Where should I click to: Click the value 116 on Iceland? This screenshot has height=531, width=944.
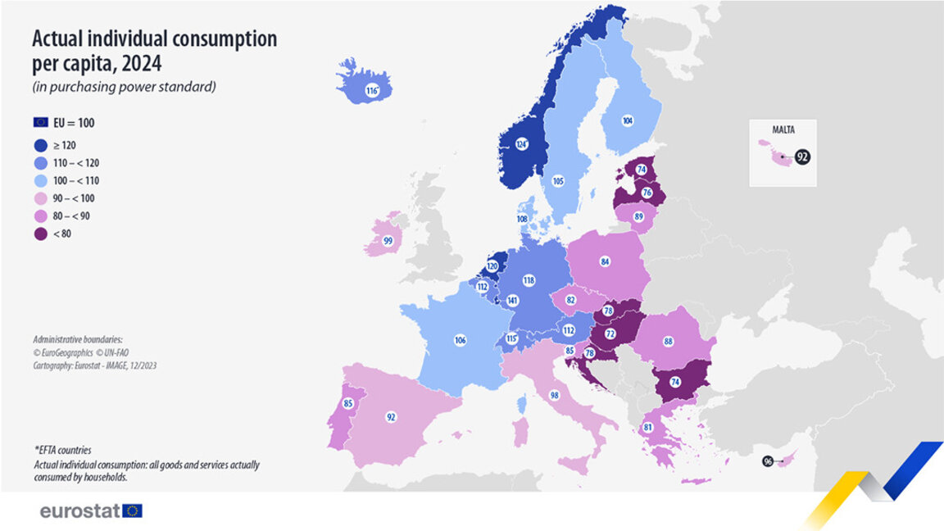tap(372, 91)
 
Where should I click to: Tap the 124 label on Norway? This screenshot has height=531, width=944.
tap(520, 144)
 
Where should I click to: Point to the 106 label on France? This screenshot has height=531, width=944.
tap(460, 339)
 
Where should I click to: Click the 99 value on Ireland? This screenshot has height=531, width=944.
tap(388, 242)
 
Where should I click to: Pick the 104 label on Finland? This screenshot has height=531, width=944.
tap(628, 120)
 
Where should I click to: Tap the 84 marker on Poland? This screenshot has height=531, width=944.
tap(605, 262)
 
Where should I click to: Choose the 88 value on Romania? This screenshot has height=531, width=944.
tap(669, 341)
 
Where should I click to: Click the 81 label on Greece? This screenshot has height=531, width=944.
tap(647, 427)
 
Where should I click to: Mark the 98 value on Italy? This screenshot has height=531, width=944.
tap(555, 396)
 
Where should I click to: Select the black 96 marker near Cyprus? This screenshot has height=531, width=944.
tap(768, 461)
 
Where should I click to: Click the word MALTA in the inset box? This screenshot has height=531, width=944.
tap(783, 129)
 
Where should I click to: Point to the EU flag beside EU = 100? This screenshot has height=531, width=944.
tap(41, 122)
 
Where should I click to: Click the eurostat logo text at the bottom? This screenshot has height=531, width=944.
tap(80, 511)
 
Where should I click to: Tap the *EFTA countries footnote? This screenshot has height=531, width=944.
tap(62, 450)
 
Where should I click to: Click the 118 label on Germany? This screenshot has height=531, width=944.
tap(529, 280)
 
